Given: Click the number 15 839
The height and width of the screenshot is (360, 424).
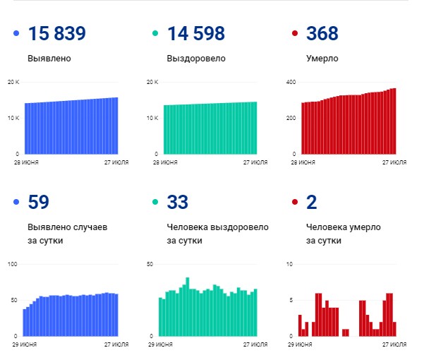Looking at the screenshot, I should point(56,34).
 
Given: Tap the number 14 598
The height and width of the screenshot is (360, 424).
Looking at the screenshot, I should point(195,34).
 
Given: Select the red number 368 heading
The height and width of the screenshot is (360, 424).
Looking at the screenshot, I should point(322,34).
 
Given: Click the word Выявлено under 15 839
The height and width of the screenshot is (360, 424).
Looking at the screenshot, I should point(49,59).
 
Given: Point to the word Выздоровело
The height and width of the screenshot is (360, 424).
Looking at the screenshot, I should point(196,59).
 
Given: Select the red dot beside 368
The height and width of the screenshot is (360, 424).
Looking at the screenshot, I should point(295,34).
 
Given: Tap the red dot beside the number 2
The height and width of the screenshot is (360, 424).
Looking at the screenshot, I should point(295,203).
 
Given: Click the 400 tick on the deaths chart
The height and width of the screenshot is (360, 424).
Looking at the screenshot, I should point(289,83).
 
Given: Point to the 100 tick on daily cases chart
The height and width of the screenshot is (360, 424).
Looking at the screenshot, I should point(12,264).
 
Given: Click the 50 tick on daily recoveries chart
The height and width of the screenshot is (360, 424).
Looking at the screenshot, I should point(150,264).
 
